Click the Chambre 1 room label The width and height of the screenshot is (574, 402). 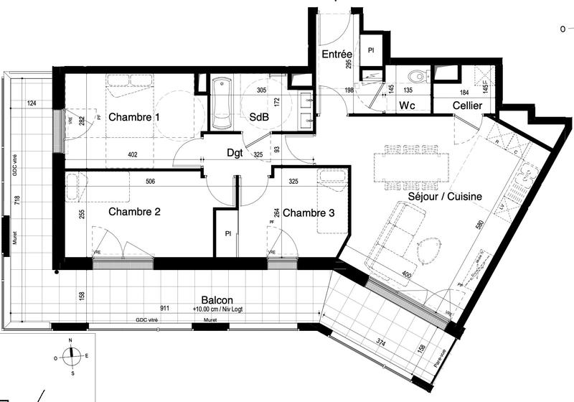pyautogui.click(x=133, y=117)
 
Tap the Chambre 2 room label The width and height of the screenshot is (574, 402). pyautogui.click(x=133, y=212)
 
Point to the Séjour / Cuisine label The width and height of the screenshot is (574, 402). pyautogui.click(x=444, y=196)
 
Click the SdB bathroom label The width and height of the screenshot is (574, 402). pyautogui.click(x=259, y=117)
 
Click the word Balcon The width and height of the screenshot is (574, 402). pyautogui.click(x=216, y=301)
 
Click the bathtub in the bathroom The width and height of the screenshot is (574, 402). pyautogui.click(x=222, y=103)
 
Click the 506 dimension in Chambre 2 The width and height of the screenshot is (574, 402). pyautogui.click(x=150, y=182)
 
